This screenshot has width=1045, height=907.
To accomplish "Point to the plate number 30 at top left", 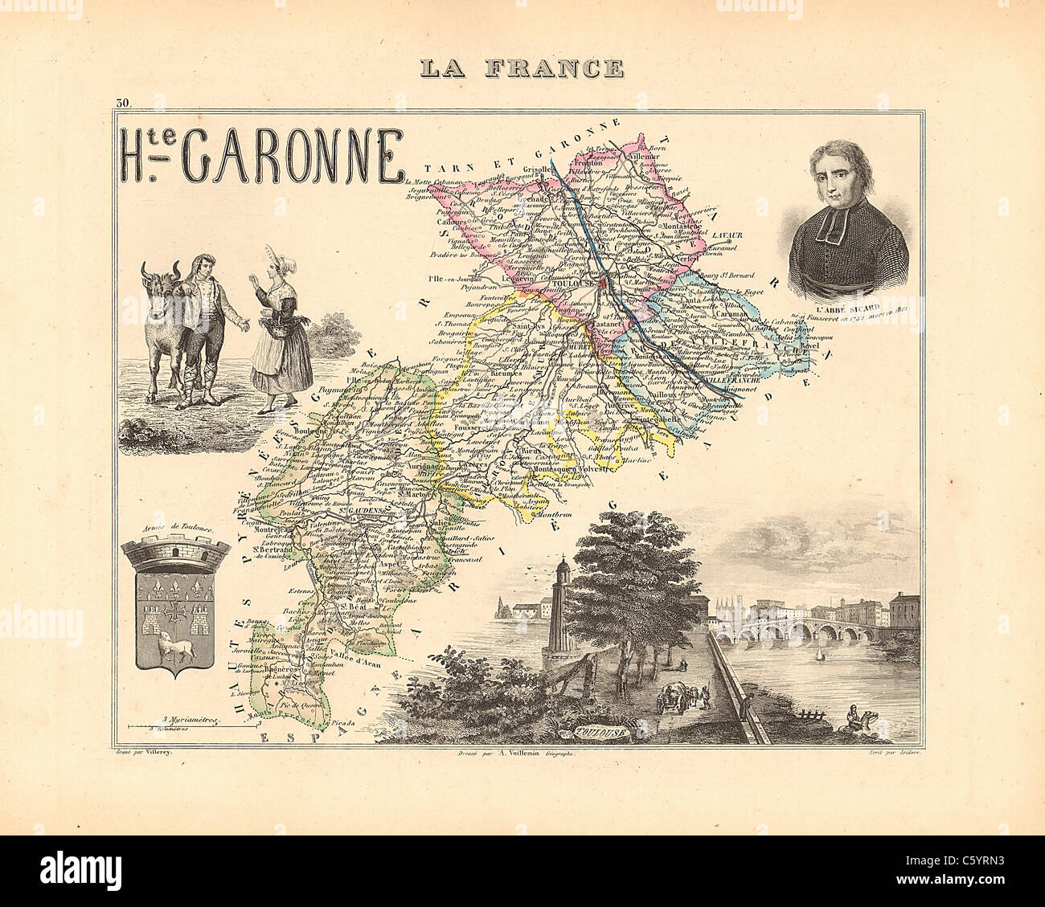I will point(122,102).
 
